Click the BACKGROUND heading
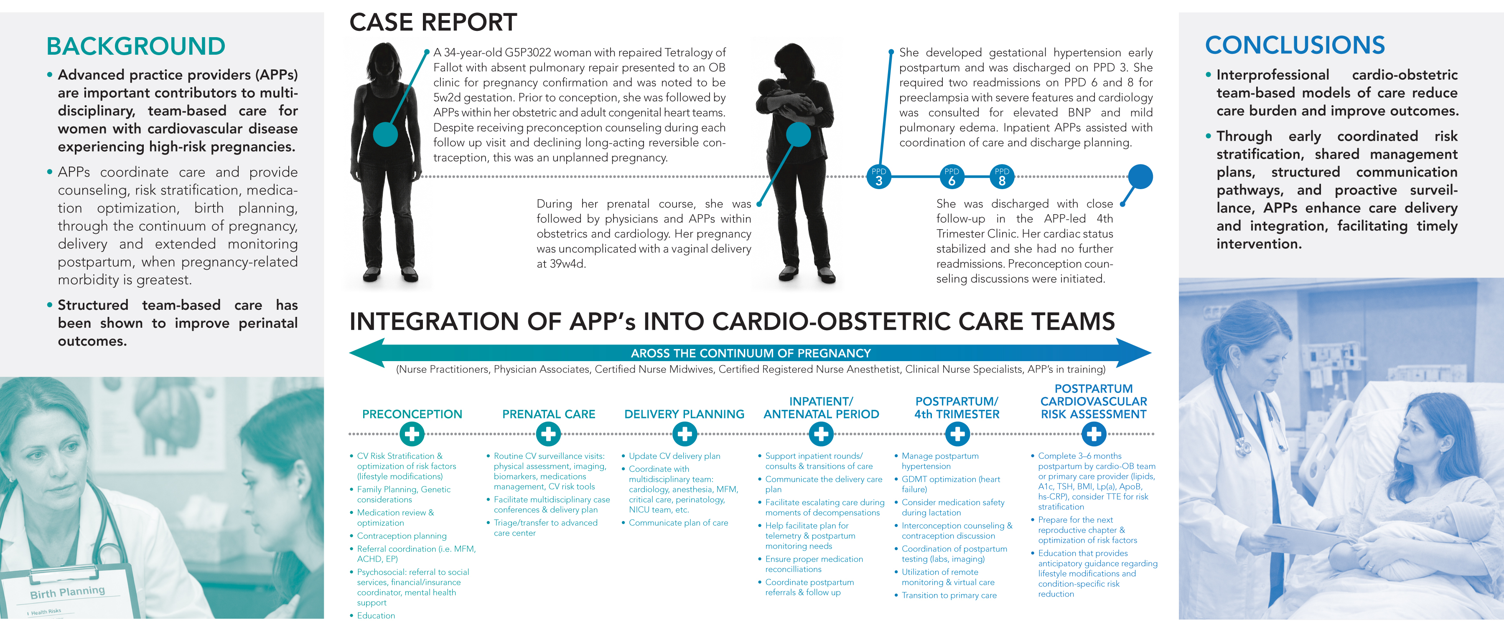click(x=135, y=46)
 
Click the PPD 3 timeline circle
click(x=879, y=177)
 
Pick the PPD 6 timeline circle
click(x=952, y=177)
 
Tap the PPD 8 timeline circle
click(x=1002, y=177)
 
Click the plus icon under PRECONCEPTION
click(x=412, y=434)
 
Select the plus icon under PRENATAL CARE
click(x=548, y=434)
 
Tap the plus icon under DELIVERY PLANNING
click(x=685, y=434)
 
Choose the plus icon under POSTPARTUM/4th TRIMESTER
click(x=957, y=434)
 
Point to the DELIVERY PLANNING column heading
click(x=684, y=414)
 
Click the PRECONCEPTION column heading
click(x=412, y=414)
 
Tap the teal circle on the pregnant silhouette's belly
click(x=385, y=134)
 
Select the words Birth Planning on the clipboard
click(x=68, y=592)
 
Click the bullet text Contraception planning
click(x=402, y=536)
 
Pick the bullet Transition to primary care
click(x=949, y=595)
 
